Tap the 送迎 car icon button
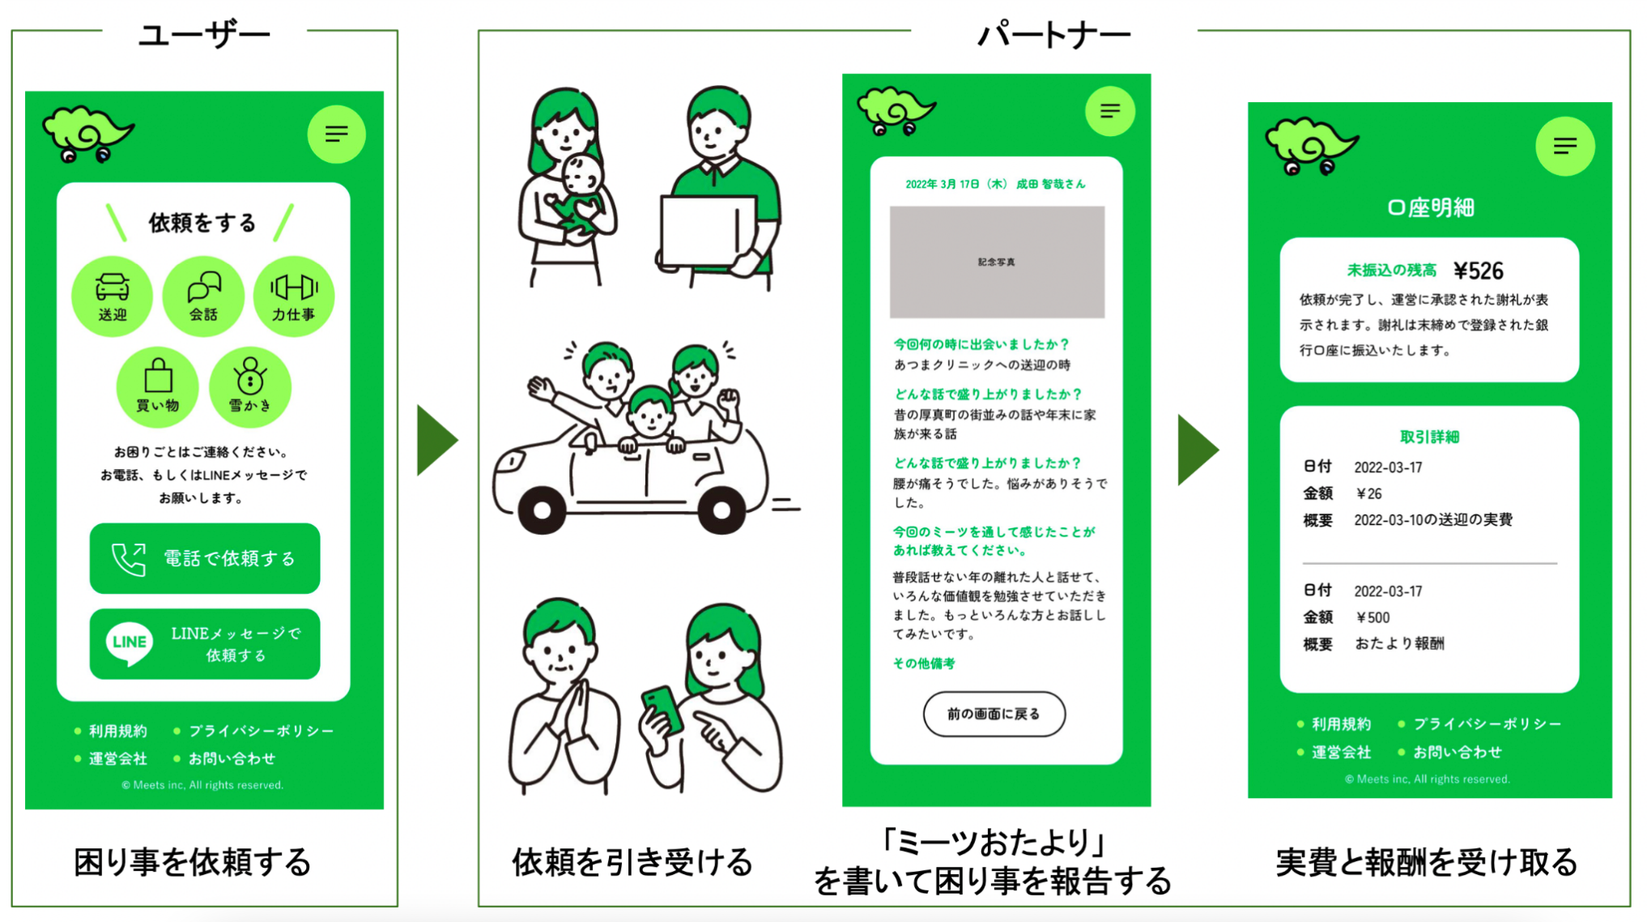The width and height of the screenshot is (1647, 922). pyautogui.click(x=112, y=297)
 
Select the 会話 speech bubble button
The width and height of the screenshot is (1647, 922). pyautogui.click(x=203, y=297)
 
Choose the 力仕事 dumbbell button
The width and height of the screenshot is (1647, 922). pyautogui.click(x=293, y=297)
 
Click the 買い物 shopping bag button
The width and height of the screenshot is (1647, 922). pyautogui.click(x=158, y=387)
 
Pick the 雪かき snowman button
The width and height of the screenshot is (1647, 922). pyautogui.click(x=249, y=387)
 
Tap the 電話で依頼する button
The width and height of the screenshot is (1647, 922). pyautogui.click(x=205, y=558)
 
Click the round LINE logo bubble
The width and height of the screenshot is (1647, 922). pyautogui.click(x=130, y=642)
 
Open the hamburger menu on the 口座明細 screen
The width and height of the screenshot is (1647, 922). pyautogui.click(x=1564, y=146)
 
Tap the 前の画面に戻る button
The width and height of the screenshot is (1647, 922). pyautogui.click(x=994, y=714)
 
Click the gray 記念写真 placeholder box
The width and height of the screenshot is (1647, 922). pyautogui.click(x=997, y=262)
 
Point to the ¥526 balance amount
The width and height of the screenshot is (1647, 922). pyautogui.click(x=1478, y=271)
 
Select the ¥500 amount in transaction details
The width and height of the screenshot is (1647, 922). pyautogui.click(x=1373, y=617)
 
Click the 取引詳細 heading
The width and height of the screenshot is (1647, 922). pyautogui.click(x=1429, y=437)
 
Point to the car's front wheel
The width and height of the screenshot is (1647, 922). pyautogui.click(x=542, y=510)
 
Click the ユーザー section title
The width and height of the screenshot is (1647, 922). pyautogui.click(x=204, y=35)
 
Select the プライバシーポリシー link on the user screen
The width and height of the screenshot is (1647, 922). pyautogui.click(x=261, y=731)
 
